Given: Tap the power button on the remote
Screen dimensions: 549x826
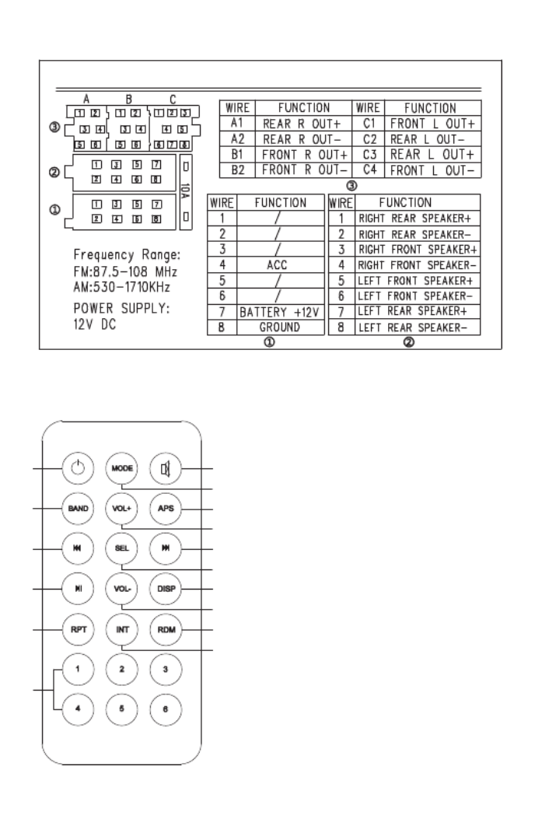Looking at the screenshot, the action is [78, 467].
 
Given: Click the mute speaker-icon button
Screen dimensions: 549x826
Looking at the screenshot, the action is [166, 468].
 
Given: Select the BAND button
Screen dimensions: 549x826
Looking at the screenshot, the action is [78, 509].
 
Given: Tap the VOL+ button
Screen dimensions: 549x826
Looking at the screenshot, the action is [122, 509].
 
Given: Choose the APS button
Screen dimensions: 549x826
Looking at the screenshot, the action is [166, 509].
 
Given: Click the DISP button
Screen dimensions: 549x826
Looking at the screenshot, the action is [166, 589].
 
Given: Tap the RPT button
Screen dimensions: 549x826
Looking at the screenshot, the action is [79, 629].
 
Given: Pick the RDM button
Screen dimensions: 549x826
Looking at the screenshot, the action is [166, 629].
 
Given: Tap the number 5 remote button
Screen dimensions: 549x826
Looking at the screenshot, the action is [122, 709].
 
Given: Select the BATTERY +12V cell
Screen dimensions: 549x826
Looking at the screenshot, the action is [280, 312].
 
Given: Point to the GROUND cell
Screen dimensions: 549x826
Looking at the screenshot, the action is [280, 327].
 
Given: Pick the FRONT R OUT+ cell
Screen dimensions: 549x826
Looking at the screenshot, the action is [303, 155].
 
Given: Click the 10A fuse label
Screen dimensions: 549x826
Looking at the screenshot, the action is [185, 191].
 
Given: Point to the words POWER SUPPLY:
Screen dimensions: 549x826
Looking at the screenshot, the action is [122, 308].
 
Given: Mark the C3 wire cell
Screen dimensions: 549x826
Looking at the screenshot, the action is [369, 155].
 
